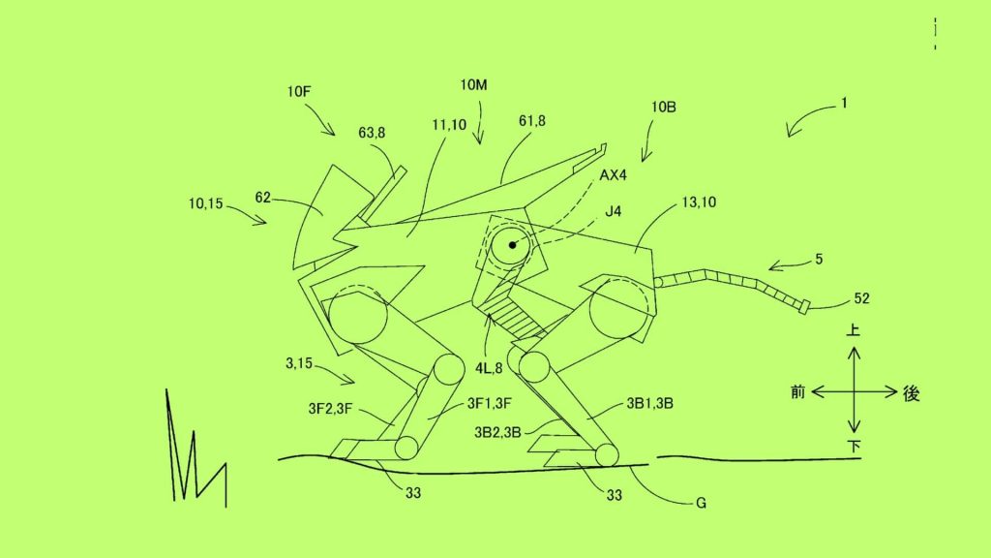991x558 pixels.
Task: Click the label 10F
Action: (299, 92)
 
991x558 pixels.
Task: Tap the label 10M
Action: (473, 85)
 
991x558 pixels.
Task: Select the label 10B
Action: (664, 107)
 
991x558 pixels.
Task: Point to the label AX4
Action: (613, 175)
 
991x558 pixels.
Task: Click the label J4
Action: (613, 211)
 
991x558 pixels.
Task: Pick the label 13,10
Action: (699, 202)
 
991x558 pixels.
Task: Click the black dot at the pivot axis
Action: (512, 245)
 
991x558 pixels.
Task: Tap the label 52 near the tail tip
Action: (861, 298)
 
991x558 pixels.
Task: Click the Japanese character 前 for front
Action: (798, 392)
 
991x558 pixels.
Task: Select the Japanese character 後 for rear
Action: (911, 393)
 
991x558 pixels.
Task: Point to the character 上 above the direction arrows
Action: (854, 330)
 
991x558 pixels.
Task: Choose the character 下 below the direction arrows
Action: (854, 447)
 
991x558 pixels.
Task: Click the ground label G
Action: (701, 504)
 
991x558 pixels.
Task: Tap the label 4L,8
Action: (489, 368)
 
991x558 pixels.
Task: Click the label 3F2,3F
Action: (330, 409)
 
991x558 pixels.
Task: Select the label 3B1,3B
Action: (649, 404)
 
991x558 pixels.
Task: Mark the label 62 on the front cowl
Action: (263, 198)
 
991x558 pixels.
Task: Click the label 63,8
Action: (372, 133)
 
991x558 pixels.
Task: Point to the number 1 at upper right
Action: (844, 103)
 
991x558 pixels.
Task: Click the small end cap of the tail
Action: (804, 308)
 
